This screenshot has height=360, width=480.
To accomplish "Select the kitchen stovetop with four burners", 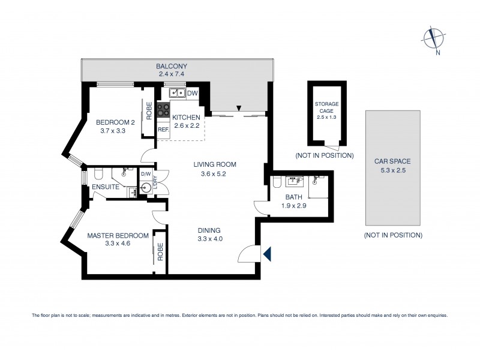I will (163, 110).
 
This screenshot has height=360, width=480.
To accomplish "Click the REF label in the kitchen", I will (163, 128).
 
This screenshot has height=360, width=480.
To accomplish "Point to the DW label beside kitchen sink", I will (193, 93).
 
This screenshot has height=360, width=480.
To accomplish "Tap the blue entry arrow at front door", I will (267, 254).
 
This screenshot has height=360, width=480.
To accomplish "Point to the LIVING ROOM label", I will (214, 164).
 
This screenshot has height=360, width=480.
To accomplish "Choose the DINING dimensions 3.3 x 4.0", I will (209, 238).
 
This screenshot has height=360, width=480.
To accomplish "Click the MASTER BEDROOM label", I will (117, 235).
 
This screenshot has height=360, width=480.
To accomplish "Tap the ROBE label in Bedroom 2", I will (148, 112).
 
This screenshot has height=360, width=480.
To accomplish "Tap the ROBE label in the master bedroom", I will (160, 253).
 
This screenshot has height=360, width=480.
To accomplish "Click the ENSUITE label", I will (106, 188).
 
